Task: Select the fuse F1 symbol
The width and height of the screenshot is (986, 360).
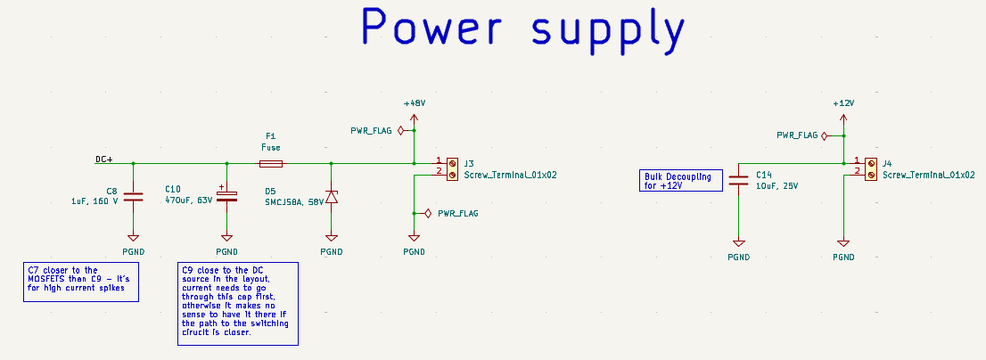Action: pos(271,164)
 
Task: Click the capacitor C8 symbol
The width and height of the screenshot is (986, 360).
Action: pos(133,197)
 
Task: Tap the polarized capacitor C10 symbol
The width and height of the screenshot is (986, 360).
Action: pos(226,196)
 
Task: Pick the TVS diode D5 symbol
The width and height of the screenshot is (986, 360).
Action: pos(332,197)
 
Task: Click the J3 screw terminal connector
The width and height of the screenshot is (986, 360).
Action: pos(453,169)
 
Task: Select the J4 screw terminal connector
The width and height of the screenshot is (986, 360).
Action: pos(870,169)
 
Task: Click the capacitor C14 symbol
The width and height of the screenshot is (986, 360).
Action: pos(738,180)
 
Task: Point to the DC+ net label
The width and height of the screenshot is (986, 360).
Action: pos(104,160)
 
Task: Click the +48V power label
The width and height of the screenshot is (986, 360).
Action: pos(414,103)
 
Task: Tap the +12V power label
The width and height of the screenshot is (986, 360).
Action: pos(842,103)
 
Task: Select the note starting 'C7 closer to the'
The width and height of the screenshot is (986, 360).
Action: pos(80,282)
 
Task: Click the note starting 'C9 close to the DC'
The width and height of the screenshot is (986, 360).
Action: pos(235,303)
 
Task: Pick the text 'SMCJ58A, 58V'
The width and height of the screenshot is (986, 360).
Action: pos(293,202)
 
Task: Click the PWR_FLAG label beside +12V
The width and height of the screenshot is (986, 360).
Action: pos(797,135)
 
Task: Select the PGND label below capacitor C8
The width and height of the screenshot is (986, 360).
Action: pos(133,251)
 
